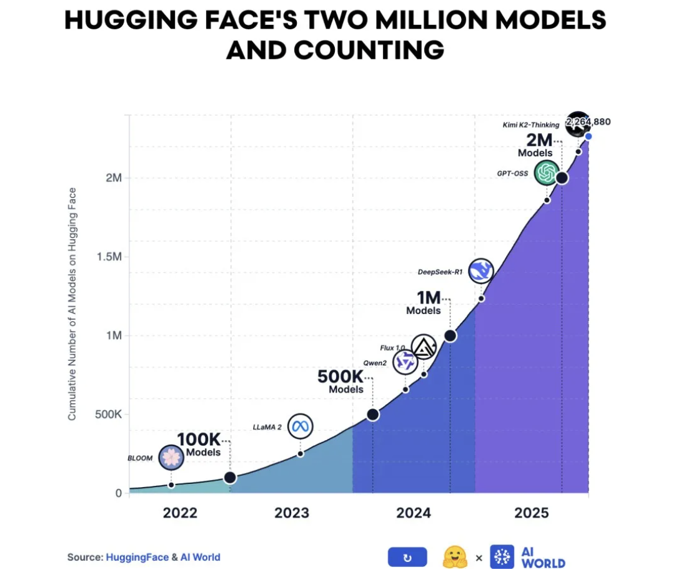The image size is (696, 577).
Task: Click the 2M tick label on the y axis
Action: point(113,178)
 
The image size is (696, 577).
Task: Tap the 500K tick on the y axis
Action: point(109,414)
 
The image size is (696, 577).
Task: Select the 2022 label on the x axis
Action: point(180,513)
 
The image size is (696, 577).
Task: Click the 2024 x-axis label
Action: point(414,513)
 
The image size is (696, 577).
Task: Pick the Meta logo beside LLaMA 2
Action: point(301,427)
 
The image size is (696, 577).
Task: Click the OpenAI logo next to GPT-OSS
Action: point(547,172)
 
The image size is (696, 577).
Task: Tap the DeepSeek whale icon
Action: point(480,271)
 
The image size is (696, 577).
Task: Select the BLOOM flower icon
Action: point(171,458)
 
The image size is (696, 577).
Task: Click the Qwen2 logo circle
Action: point(405,362)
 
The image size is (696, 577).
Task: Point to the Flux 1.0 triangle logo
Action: point(424,347)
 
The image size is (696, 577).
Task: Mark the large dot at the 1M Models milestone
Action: point(450,336)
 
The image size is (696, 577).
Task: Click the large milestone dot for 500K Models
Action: point(373,415)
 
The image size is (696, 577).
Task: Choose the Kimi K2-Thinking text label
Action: point(530,125)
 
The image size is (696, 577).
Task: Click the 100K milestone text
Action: point(199,440)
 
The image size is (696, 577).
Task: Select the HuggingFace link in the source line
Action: point(137,557)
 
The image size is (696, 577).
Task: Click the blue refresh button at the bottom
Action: point(407,557)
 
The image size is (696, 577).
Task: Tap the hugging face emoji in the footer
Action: point(455,557)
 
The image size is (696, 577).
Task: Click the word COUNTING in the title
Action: point(369,50)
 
